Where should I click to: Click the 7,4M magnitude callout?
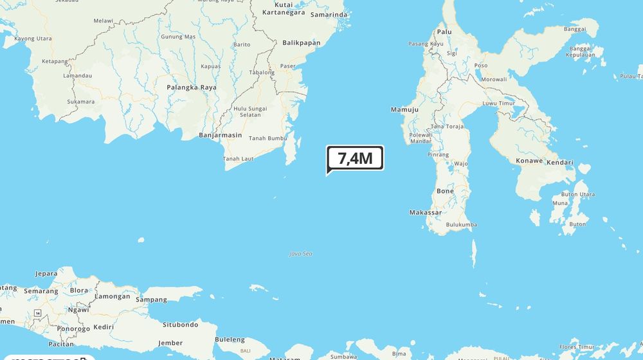(355, 157)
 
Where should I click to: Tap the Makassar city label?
(426, 212)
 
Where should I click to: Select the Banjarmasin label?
(220, 135)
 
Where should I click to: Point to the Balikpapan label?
(301, 43)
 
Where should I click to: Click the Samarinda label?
(329, 14)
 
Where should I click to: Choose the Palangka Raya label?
(192, 87)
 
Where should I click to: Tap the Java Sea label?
(300, 254)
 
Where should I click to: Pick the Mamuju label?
(404, 110)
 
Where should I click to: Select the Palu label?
(444, 31)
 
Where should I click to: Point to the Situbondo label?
(180, 325)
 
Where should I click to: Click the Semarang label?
(41, 291)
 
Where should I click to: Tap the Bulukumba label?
(461, 224)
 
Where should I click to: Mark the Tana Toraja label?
(446, 126)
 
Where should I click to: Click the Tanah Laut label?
(239, 159)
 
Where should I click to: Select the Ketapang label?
(55, 62)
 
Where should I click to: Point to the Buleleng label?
(230, 339)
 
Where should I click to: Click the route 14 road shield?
(38, 312)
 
